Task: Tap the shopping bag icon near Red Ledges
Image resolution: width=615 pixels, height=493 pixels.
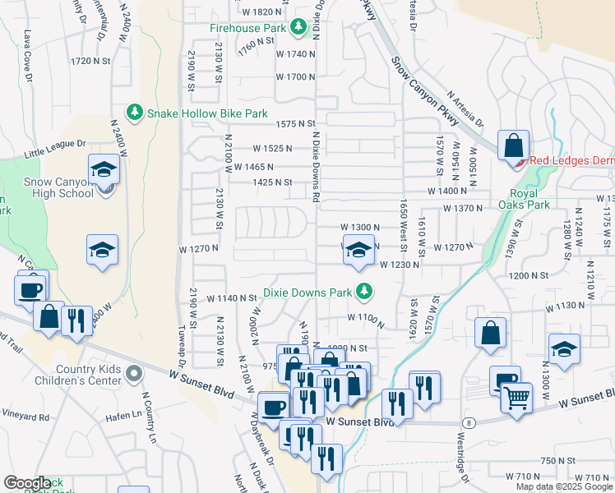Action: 514,146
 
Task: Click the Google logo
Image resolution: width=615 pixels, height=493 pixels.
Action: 27,483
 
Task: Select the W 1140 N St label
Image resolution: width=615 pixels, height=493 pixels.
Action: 232,298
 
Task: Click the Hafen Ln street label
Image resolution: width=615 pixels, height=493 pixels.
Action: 124,417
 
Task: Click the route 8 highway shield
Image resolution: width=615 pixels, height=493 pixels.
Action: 467,422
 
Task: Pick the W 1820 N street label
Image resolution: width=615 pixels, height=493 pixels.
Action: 262,12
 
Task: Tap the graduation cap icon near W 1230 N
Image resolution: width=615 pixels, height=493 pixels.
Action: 357,251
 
